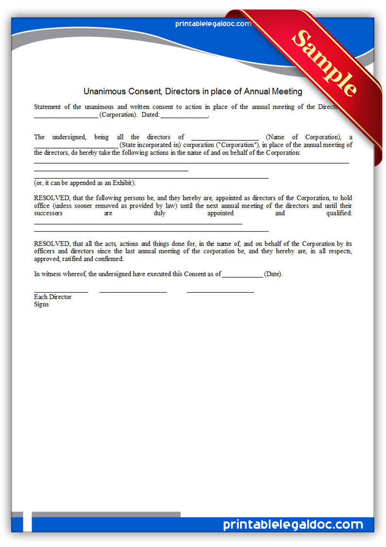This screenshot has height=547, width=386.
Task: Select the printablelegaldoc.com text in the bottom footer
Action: tap(293, 525)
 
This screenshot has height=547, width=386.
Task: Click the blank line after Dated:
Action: tap(184, 115)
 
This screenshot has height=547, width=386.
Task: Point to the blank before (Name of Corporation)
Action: tap(225, 137)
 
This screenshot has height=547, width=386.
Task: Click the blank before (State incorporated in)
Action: tap(75, 145)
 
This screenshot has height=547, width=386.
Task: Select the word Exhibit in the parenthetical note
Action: tap(122, 183)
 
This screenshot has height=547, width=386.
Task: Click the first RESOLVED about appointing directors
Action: tap(52, 198)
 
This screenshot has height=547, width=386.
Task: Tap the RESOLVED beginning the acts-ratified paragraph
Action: tap(52, 244)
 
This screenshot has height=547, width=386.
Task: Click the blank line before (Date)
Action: tap(242, 274)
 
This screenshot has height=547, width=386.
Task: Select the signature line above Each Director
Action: tap(61, 292)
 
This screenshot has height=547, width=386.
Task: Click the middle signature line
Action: tap(133, 292)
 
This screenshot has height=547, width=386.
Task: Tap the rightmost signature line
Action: tap(220, 292)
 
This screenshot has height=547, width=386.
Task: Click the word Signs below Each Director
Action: tap(41, 304)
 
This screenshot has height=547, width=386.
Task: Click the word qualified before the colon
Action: tap(339, 213)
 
